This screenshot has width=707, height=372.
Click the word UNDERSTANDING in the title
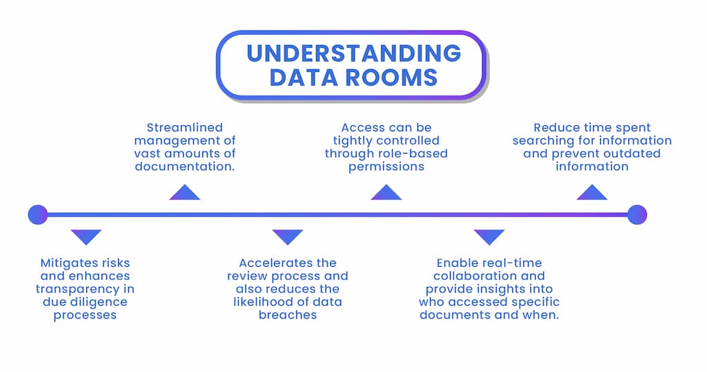click(353, 53)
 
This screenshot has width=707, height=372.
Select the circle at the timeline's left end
click(38, 214)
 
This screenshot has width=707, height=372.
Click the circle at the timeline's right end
click(637, 214)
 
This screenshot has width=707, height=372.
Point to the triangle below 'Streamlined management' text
click(184, 194)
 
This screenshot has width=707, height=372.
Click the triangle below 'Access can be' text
click(386, 194)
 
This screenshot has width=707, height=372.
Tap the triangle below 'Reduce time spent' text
click(592, 194)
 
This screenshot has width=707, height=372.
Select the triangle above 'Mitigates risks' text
click(86, 236)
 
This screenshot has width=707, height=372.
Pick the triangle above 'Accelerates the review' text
click(288, 236)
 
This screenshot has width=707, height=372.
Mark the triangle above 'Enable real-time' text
click(489, 236)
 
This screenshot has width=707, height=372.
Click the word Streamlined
click(184, 127)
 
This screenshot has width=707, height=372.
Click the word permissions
click(386, 166)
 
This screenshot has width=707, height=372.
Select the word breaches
click(288, 315)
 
